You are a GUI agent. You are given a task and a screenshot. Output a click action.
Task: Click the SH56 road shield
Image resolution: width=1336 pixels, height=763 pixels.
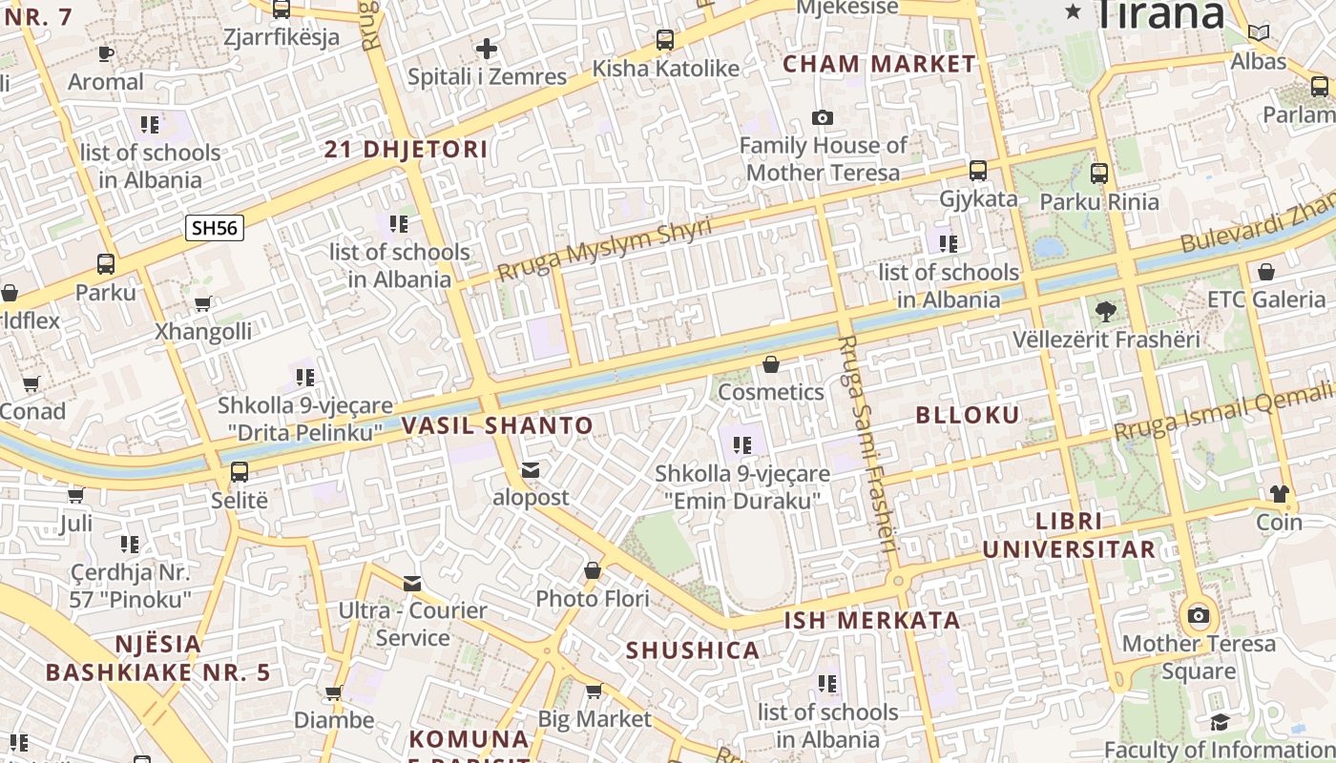215,227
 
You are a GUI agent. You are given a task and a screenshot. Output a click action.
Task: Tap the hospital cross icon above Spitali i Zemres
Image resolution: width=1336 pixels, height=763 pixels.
487,49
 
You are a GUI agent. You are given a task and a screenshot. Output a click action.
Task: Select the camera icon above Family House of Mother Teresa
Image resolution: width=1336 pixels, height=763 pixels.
822,117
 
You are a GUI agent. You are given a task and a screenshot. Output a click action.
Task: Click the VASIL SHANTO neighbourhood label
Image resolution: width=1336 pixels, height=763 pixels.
497,425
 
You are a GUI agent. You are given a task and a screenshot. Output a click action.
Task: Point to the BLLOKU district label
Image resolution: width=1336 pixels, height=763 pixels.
968,415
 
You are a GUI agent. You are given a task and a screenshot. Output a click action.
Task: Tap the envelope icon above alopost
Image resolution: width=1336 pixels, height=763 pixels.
530,470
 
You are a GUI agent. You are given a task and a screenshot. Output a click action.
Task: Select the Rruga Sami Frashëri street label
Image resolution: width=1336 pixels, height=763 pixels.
868,443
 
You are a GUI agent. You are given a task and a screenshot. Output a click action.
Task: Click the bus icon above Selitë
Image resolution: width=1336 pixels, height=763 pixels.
239,472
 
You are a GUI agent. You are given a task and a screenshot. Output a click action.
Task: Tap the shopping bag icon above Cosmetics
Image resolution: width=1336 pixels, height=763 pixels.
771,364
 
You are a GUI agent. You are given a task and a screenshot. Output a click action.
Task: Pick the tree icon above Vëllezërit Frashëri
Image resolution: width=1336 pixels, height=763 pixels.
1106,311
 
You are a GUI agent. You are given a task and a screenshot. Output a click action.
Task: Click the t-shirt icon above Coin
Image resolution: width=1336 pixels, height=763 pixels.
1279,494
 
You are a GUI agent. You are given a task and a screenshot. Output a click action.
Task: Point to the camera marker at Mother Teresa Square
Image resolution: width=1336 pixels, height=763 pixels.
1199,615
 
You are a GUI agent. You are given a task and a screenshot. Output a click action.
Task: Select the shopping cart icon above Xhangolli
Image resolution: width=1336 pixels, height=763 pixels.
202,304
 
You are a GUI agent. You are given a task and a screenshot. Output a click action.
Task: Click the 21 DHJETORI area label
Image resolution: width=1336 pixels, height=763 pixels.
406,150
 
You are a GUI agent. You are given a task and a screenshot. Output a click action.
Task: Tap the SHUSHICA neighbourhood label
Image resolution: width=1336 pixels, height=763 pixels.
693,650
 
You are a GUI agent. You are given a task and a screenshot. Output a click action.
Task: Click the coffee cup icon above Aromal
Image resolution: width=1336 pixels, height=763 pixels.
105,53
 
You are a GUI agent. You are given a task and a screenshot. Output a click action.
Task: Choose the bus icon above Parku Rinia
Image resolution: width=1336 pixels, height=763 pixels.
1099,174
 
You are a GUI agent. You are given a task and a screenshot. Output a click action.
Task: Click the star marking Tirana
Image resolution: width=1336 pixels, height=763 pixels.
1074,11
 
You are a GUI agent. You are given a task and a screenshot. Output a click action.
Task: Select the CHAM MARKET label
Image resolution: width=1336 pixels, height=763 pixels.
879,64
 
